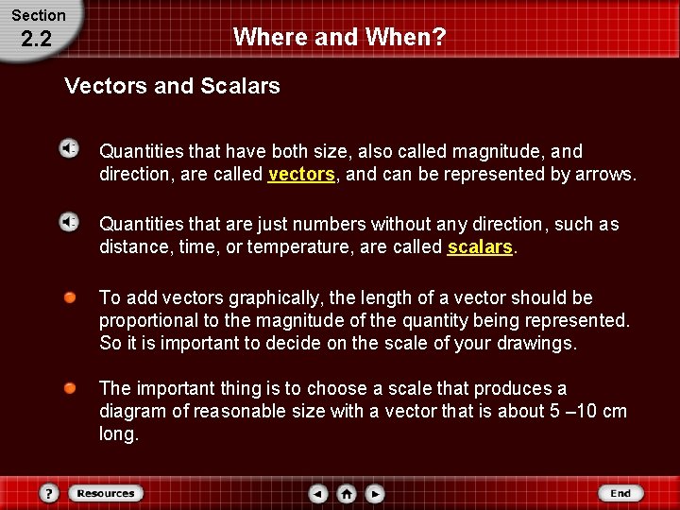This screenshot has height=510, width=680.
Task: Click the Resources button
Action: [x=105, y=493]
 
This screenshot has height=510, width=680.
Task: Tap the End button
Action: [x=620, y=493]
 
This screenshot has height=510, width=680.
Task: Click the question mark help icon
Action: [x=49, y=493]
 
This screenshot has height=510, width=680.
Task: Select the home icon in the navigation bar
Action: [x=347, y=493]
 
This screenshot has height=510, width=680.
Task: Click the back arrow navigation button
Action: [x=319, y=493]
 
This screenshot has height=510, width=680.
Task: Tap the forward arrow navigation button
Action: [x=375, y=493]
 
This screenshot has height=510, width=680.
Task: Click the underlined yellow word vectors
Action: [x=301, y=175]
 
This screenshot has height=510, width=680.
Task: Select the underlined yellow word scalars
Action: [x=480, y=247]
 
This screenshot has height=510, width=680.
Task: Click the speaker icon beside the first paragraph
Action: [x=69, y=149]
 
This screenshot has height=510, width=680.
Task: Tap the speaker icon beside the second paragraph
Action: [x=69, y=222]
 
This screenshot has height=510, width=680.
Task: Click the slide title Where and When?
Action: [x=339, y=37]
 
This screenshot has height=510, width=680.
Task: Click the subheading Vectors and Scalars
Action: [x=172, y=86]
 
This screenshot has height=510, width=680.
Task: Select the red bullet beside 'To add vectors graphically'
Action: [x=70, y=298]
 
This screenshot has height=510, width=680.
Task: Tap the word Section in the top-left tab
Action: [x=38, y=15]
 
